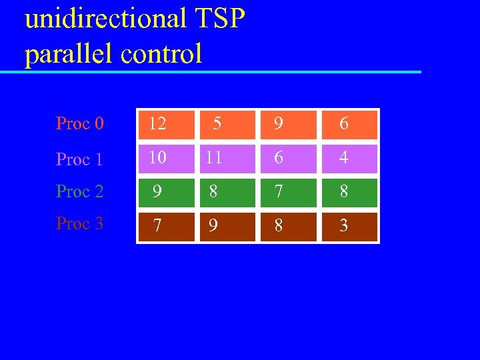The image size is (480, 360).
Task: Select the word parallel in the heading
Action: [69, 53]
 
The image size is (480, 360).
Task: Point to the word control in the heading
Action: [161, 53]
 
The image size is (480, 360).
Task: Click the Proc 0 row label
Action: [79, 123]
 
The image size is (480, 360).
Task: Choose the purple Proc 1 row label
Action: [79, 159]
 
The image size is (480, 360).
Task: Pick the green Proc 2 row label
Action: [79, 191]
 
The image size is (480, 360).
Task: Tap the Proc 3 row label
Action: [79, 223]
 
